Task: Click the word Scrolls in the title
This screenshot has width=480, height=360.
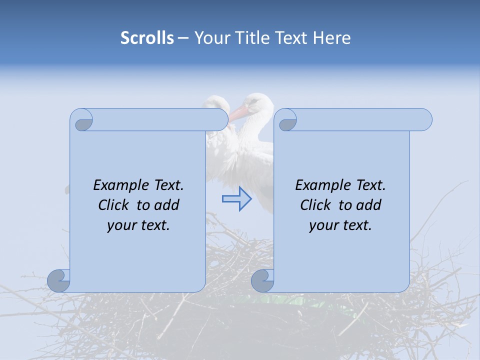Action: pyautogui.click(x=147, y=38)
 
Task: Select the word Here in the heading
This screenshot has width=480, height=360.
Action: pyautogui.click(x=331, y=38)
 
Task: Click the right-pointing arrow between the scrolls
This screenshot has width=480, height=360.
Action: pyautogui.click(x=237, y=198)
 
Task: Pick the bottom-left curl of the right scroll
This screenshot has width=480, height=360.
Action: pyautogui.click(x=263, y=281)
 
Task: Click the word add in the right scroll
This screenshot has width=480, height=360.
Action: pyautogui.click(x=368, y=205)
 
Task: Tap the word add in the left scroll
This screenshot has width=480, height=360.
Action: pyautogui.click(x=166, y=205)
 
